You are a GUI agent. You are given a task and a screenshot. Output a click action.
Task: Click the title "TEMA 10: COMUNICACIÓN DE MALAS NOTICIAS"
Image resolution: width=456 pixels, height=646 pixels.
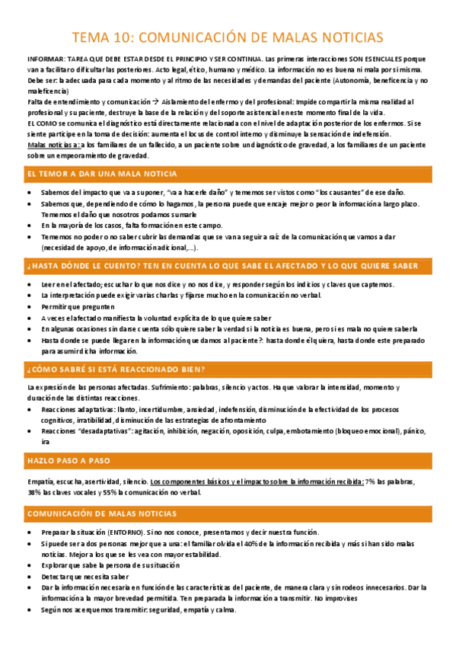[228, 37]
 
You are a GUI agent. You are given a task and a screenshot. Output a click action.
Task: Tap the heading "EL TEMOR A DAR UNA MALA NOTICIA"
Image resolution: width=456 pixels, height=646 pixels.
[102, 174]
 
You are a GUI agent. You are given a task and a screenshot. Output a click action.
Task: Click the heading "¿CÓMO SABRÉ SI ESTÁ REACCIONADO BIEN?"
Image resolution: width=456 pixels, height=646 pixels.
[116, 369]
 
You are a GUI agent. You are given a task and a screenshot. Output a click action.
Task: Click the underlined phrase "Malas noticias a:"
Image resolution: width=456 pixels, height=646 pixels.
[53, 145]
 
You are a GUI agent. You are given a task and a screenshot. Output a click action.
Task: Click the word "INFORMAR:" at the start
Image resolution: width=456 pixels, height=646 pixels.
[44, 59]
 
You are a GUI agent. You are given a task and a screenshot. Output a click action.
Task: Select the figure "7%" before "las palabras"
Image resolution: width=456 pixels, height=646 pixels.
[371, 482]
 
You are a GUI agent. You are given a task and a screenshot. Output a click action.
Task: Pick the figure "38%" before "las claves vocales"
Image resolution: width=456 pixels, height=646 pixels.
[34, 492]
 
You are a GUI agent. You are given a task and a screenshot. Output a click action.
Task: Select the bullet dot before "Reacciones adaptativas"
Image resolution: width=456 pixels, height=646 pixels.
[29, 410]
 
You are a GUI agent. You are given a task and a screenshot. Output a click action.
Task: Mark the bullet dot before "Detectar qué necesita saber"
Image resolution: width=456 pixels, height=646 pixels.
[29, 577]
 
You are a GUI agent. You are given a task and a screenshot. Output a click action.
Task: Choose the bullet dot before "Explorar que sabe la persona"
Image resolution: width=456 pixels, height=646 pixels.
[29, 566]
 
